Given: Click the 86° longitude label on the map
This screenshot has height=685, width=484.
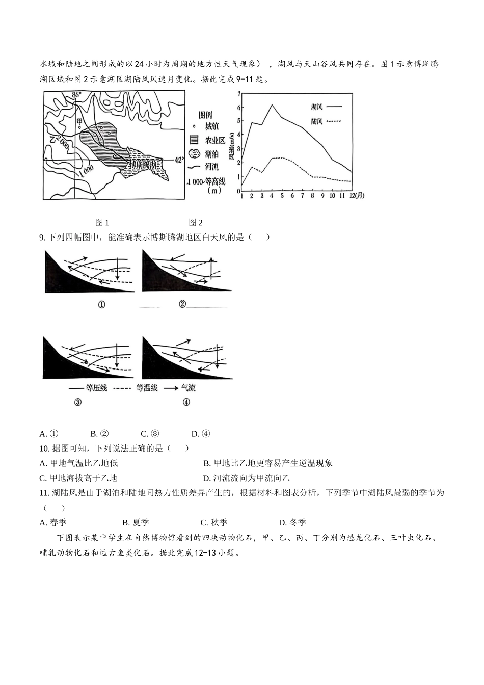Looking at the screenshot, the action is (x=76, y=95).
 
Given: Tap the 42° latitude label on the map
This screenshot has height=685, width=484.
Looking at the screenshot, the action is (x=179, y=160).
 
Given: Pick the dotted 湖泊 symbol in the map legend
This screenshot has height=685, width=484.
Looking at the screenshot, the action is (x=194, y=153).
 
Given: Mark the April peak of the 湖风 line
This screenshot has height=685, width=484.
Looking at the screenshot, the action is (x=272, y=104).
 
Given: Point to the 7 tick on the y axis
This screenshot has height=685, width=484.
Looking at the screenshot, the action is (x=238, y=93).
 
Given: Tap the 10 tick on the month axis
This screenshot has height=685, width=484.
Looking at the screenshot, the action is (x=333, y=196).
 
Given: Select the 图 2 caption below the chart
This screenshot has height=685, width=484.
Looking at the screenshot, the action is (x=196, y=222).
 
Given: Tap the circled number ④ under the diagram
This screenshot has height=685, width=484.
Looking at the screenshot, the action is (x=186, y=402).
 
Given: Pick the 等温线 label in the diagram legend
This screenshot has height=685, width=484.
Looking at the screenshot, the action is (x=146, y=388).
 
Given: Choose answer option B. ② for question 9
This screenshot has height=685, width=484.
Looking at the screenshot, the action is (x=100, y=434).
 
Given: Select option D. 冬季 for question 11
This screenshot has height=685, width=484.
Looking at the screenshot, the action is (x=292, y=522).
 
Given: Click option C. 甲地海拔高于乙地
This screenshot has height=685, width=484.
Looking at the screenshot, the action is (x=78, y=478).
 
